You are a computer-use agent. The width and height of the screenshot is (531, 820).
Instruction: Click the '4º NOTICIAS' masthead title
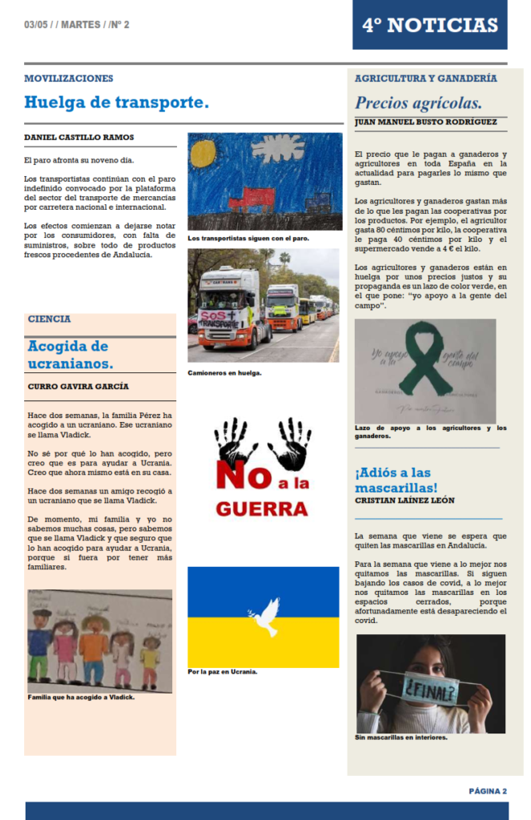tap(429, 25)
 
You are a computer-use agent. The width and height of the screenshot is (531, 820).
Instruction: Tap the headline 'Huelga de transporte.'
tap(116, 102)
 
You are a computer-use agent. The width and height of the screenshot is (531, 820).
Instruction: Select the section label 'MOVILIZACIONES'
tap(69, 78)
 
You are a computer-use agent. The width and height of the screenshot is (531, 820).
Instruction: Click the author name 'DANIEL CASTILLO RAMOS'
tap(79, 138)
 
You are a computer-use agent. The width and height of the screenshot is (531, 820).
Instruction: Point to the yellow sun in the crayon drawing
tap(203, 153)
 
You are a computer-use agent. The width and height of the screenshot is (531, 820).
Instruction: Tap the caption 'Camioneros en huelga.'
tap(225, 372)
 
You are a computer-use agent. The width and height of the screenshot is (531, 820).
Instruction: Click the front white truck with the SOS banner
tap(226, 308)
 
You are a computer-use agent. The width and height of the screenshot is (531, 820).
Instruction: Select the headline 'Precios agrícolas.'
tap(418, 102)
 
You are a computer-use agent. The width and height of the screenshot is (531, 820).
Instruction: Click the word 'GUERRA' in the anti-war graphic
tap(262, 508)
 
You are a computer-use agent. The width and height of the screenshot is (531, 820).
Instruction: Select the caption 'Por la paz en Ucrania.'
tap(223, 671)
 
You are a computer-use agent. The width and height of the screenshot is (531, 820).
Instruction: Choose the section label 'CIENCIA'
tap(50, 319)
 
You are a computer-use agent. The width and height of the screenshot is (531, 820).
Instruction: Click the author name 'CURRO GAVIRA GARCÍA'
tap(78, 386)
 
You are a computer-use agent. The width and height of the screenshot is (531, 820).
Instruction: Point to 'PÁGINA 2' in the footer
tap(488, 791)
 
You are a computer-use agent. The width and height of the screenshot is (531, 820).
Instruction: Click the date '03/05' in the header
tap(36, 25)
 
